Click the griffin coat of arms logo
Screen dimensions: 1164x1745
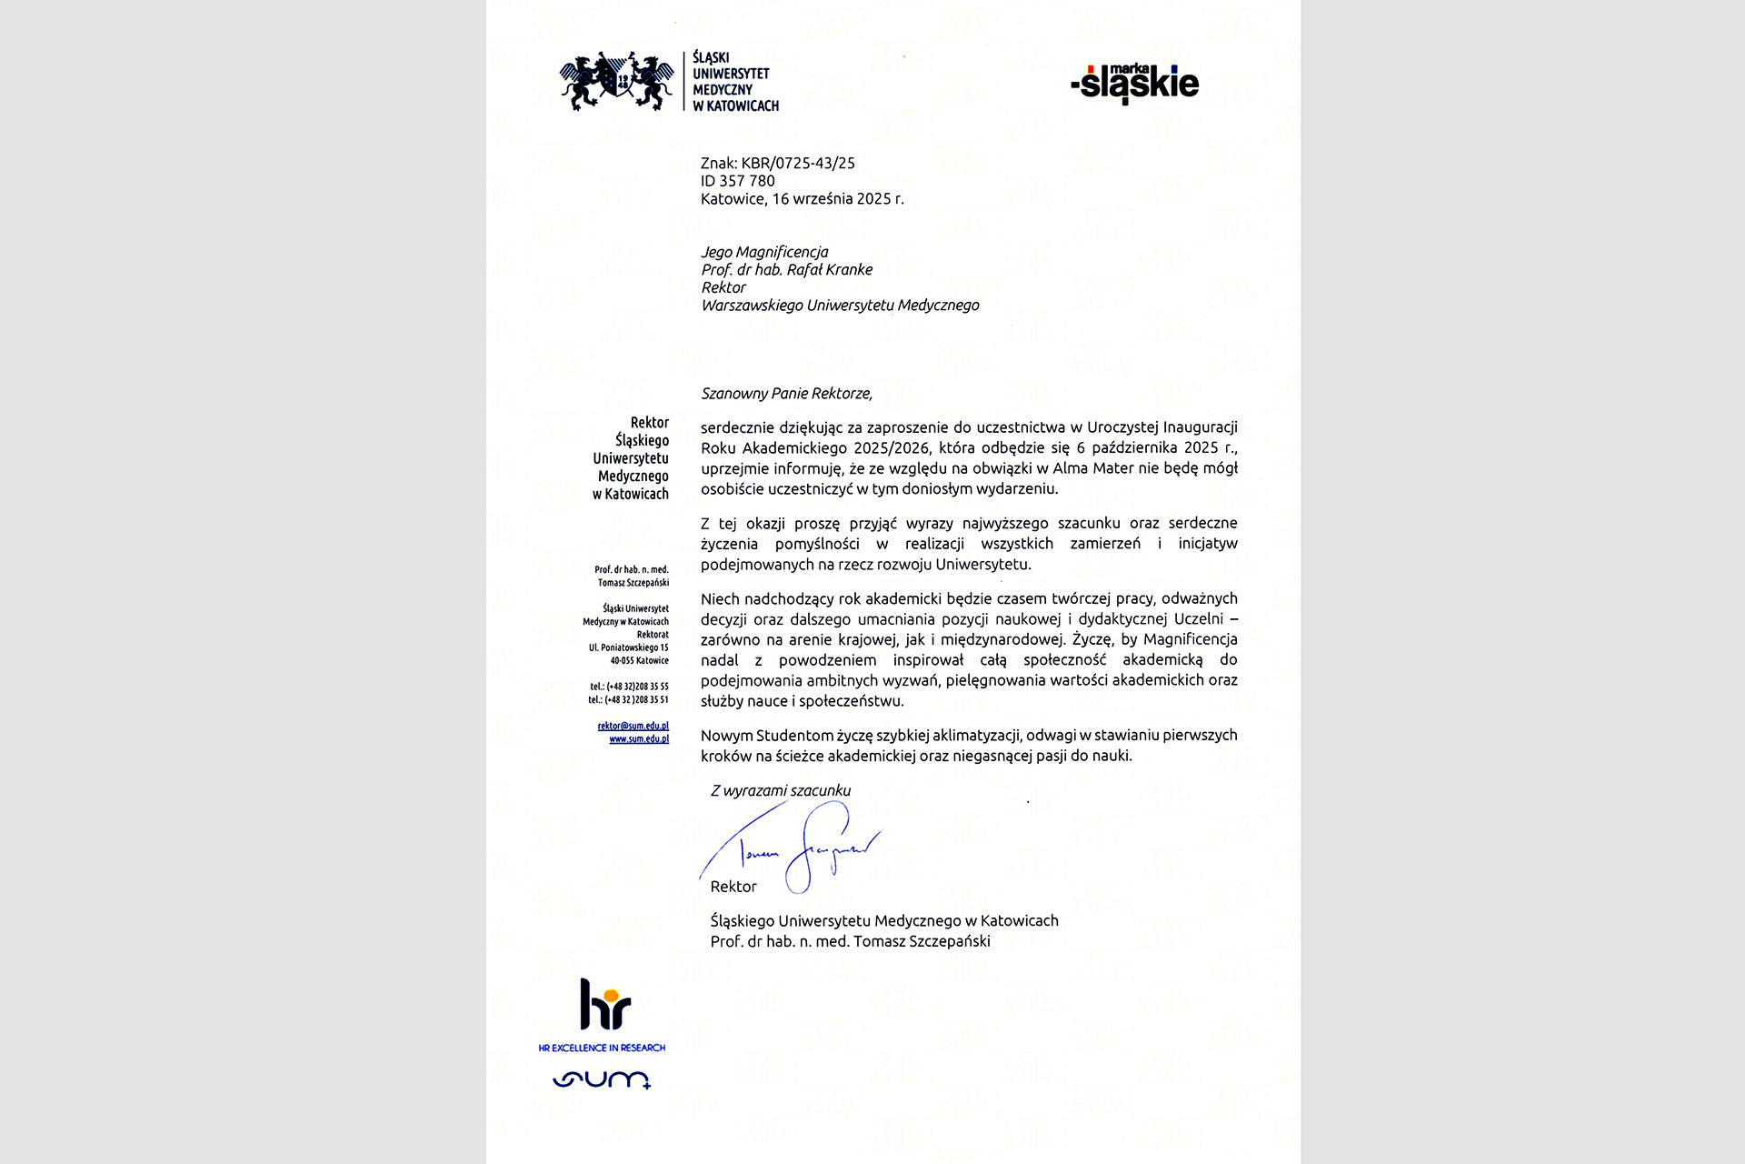click(x=616, y=82)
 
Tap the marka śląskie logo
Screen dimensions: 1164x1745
click(x=1135, y=84)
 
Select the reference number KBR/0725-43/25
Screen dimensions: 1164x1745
click(x=798, y=164)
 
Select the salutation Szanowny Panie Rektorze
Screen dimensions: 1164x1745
click(x=786, y=394)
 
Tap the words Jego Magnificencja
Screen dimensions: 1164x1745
click(x=764, y=252)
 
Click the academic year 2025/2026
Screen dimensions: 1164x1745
click(x=892, y=447)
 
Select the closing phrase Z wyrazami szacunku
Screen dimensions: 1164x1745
click(x=781, y=791)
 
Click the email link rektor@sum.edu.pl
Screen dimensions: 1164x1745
click(x=633, y=726)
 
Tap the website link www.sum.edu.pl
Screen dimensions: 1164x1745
click(x=639, y=739)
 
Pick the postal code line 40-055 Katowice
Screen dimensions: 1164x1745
click(x=639, y=661)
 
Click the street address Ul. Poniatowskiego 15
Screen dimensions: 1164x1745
click(x=629, y=647)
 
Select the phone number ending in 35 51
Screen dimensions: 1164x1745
click(x=628, y=700)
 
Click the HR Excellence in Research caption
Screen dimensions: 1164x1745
click(x=602, y=1049)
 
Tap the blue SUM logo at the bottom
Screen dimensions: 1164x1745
click(x=602, y=1079)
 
